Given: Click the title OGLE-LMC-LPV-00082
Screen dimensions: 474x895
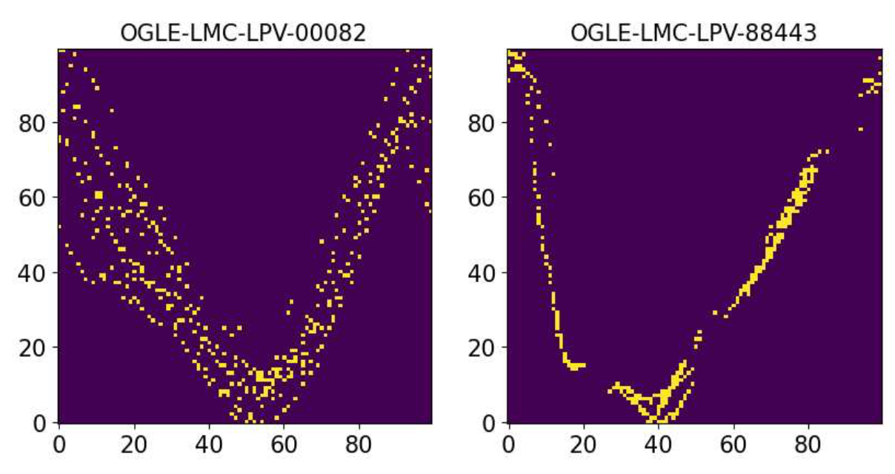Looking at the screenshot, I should (x=244, y=33).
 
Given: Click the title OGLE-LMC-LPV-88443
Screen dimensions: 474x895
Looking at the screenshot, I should (x=694, y=33).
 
